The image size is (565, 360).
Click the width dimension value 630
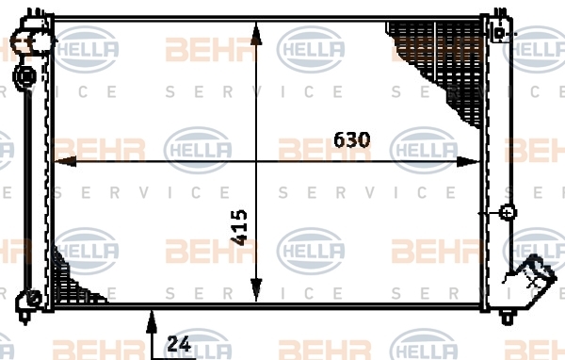point(351,140)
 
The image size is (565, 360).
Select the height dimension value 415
point(239,228)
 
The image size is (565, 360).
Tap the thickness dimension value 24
point(179,344)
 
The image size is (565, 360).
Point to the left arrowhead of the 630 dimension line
point(65,161)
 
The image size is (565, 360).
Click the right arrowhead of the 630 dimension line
point(468,161)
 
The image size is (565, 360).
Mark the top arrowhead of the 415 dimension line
point(256,34)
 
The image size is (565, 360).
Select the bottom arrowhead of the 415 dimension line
point(256,289)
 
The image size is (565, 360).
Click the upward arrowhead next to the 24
point(152,321)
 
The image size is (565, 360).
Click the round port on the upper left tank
point(24,76)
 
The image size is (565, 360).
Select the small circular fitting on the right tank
point(508,212)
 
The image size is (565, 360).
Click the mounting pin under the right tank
point(507,318)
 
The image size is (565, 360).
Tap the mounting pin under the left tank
point(24,317)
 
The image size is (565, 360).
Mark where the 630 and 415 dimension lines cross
point(256,161)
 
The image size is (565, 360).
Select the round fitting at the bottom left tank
point(28,299)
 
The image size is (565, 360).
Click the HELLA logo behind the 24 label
point(198,345)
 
